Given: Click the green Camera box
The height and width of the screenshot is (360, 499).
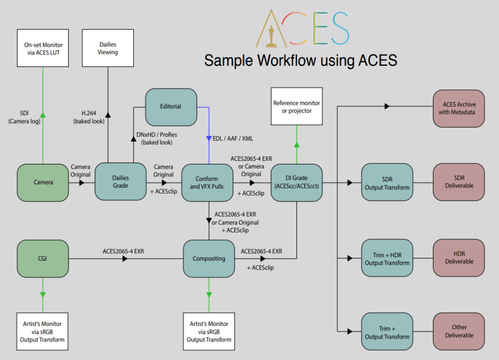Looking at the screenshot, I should point(43,182).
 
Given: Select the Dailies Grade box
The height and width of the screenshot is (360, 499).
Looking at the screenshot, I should point(120,182).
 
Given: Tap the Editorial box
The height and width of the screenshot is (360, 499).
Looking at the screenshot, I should point(171,106).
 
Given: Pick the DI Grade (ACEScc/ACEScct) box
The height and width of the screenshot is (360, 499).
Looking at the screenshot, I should point(297,182).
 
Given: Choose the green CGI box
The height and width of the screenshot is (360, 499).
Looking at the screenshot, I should point(43,258).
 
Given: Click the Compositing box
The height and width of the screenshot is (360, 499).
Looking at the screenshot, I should point(209,258).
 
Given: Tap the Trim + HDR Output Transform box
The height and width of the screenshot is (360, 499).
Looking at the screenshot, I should point(387,259).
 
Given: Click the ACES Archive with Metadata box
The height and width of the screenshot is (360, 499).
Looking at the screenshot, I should point(459,108).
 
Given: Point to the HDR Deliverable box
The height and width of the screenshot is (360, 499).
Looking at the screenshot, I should point(459,258).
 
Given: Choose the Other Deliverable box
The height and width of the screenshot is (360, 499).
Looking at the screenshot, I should point(459,331).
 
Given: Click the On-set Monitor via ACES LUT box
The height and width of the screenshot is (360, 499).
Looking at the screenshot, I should point(42,49).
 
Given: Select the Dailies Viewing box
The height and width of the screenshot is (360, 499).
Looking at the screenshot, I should point(108,48).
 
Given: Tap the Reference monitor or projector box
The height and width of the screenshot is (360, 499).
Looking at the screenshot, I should point(297,107).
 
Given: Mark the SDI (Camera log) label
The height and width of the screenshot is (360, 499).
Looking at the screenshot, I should point(24,117).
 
